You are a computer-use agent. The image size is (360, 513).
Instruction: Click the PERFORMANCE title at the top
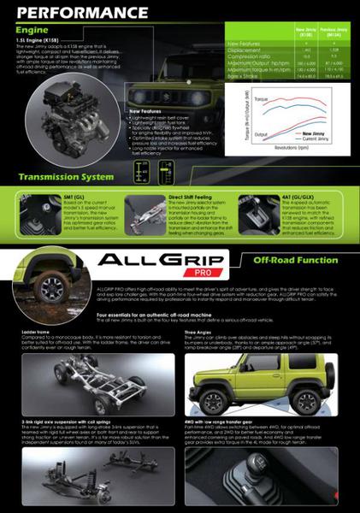(81, 12)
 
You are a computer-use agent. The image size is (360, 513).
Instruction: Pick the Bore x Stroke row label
(242, 75)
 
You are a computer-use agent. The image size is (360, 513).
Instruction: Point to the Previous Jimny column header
(334, 32)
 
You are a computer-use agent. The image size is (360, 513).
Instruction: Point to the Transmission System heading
(66, 177)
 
